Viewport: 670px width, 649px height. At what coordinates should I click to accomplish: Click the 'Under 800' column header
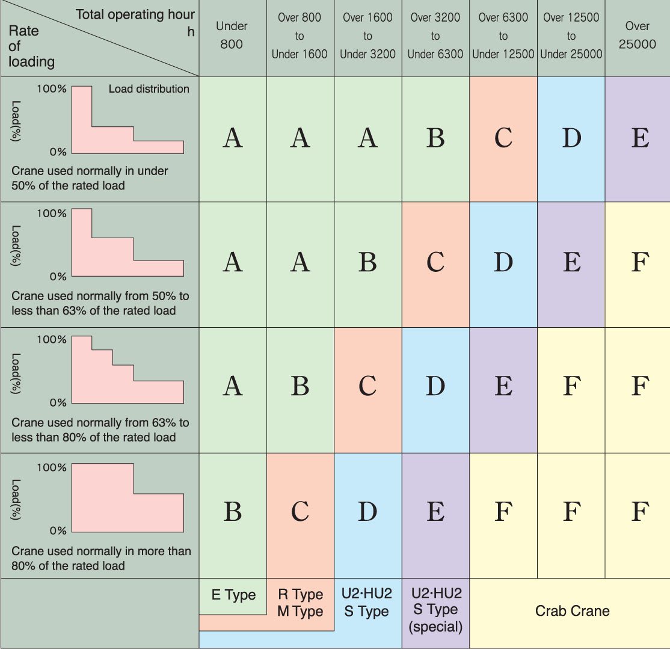(x=232, y=35)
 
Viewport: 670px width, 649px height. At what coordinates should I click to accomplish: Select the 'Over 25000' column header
(x=637, y=35)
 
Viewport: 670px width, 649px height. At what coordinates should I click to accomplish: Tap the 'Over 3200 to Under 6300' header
(x=435, y=36)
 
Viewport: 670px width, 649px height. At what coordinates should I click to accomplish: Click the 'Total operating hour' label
(x=135, y=14)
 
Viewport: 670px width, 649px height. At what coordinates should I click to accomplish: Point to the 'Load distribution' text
(x=149, y=89)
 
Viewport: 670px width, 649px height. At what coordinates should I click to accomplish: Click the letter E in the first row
(x=640, y=138)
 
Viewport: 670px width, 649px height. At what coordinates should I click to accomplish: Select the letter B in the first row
(x=435, y=138)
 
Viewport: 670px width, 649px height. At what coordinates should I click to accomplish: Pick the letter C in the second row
(x=435, y=262)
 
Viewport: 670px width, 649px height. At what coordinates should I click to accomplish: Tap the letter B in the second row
(x=367, y=262)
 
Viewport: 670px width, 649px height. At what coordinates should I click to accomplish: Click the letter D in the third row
(x=435, y=386)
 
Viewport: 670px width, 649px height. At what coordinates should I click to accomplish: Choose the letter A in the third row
(x=232, y=386)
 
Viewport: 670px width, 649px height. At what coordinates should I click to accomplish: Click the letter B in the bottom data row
(x=232, y=512)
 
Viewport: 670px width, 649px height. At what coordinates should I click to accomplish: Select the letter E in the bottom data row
(x=435, y=512)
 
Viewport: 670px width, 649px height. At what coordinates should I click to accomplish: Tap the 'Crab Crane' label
(x=572, y=611)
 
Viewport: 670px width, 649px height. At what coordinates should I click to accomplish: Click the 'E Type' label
(x=233, y=595)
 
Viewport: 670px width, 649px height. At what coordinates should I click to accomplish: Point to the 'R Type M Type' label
(x=300, y=603)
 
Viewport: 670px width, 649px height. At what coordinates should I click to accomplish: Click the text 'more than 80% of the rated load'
(x=101, y=558)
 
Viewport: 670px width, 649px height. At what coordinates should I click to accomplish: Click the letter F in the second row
(x=640, y=262)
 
